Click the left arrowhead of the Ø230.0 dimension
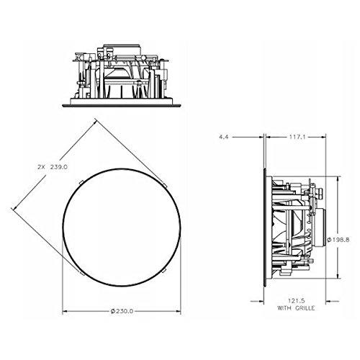(x=66, y=311)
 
